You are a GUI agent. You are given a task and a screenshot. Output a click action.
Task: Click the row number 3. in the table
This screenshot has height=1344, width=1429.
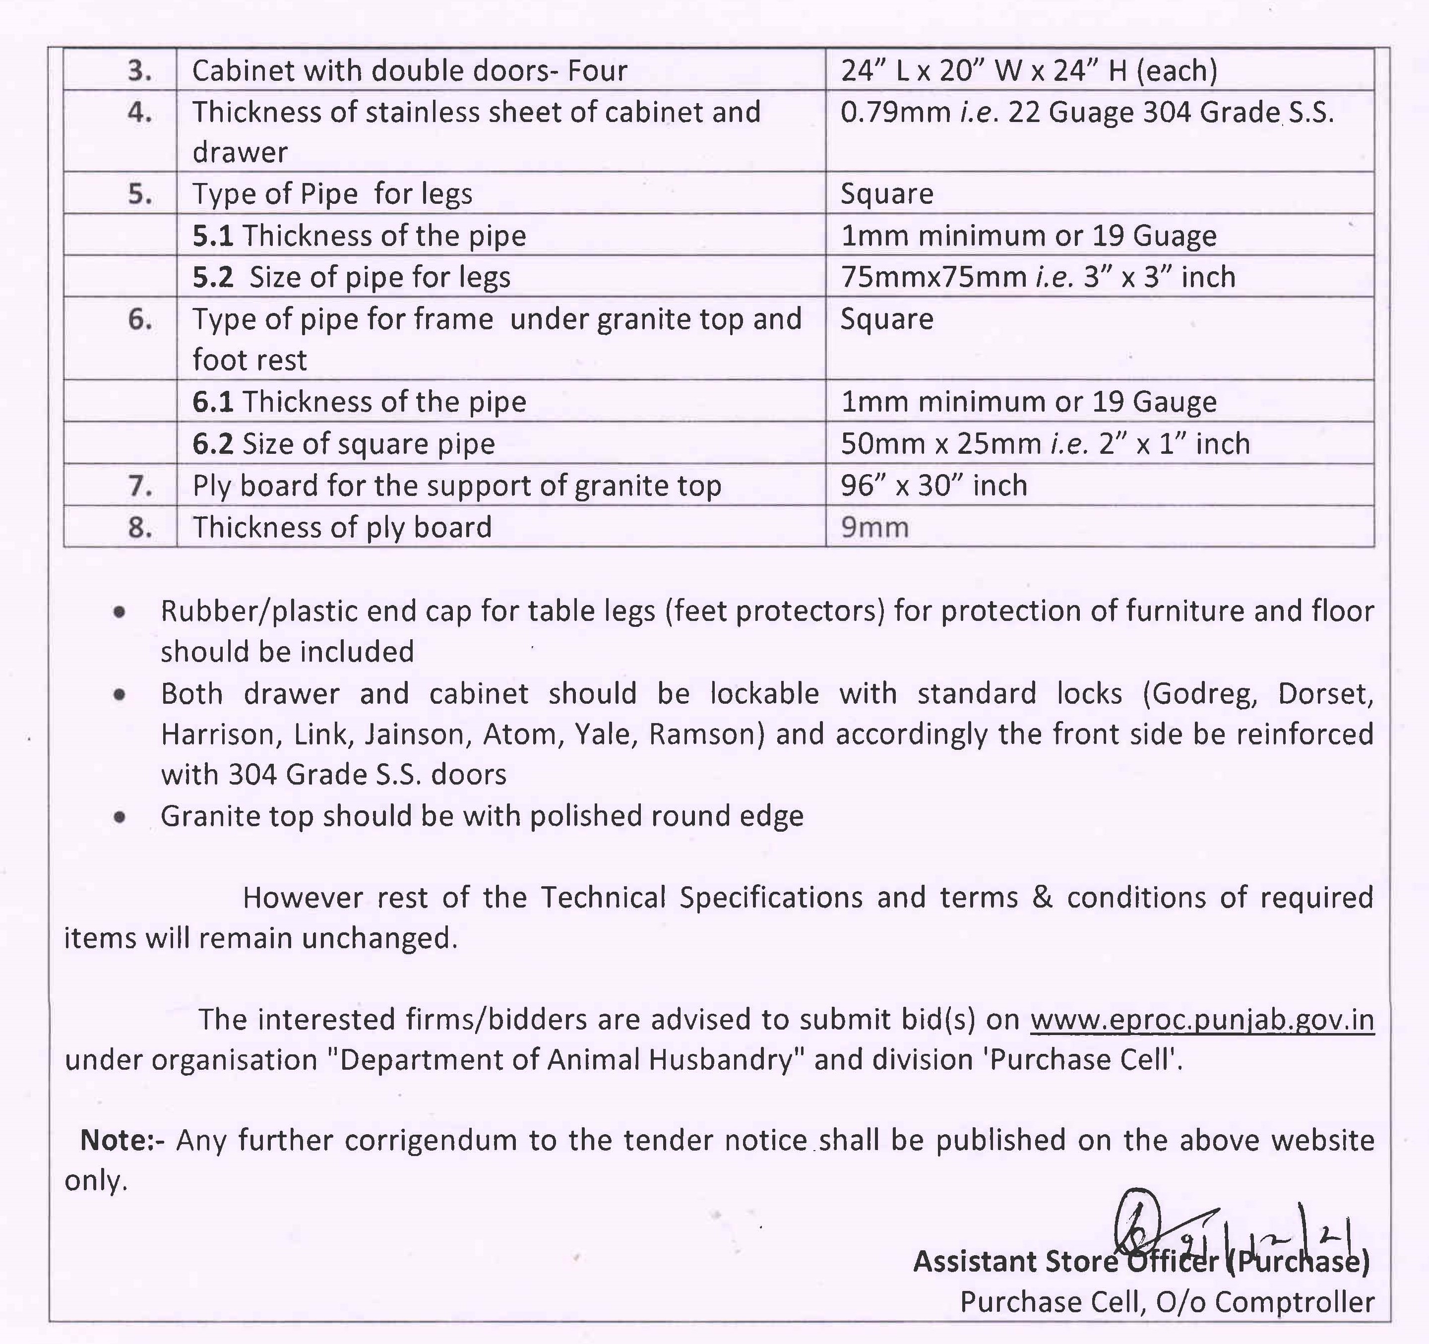[x=139, y=70]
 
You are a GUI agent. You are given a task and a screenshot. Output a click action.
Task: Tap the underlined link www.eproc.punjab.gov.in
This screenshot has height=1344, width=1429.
[x=1202, y=1020]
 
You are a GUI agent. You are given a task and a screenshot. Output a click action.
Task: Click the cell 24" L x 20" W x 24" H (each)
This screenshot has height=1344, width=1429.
[x=1029, y=70]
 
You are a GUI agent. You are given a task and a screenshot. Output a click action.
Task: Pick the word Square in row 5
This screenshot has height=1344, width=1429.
[x=886, y=194]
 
